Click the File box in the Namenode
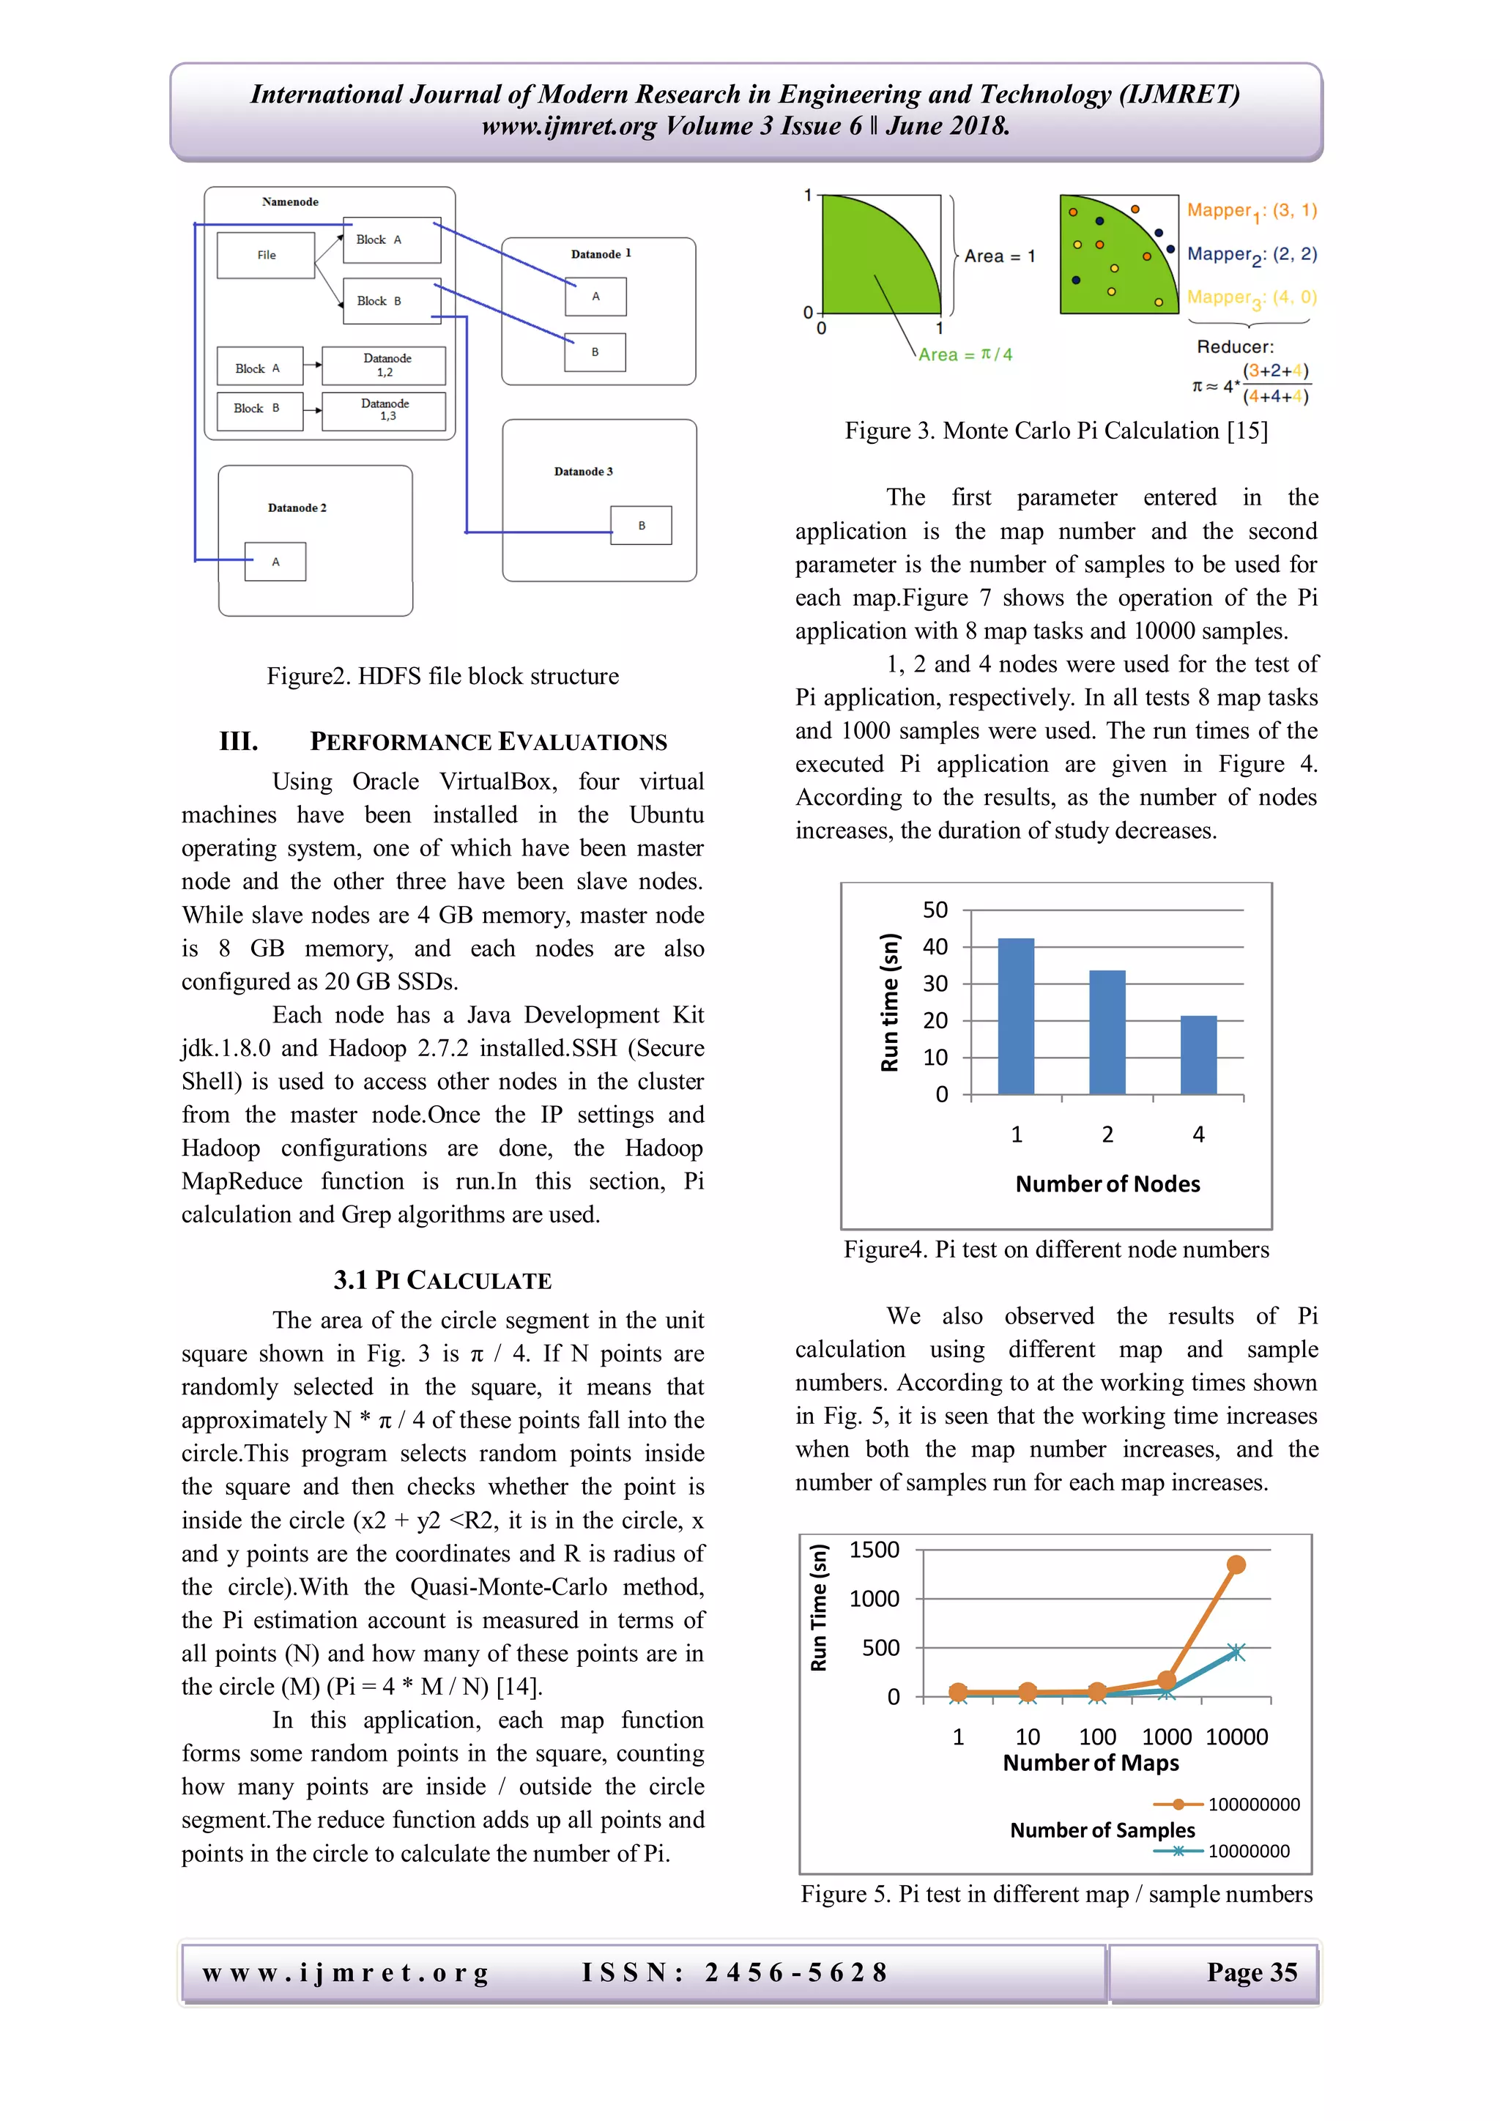point(266,255)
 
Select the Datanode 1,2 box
point(385,365)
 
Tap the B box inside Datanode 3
point(641,526)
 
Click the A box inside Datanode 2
point(275,562)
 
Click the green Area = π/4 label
point(965,354)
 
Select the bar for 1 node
point(1016,1016)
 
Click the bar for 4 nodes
point(1198,1055)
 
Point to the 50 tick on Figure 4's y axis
point(935,910)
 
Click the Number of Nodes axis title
point(1107,1184)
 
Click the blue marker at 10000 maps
point(1236,1652)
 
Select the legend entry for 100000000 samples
point(1228,1804)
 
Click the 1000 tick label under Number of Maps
point(1167,1736)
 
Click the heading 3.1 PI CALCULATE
point(442,1280)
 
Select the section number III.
point(238,742)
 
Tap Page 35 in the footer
point(1252,1972)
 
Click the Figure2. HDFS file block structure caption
point(442,676)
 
